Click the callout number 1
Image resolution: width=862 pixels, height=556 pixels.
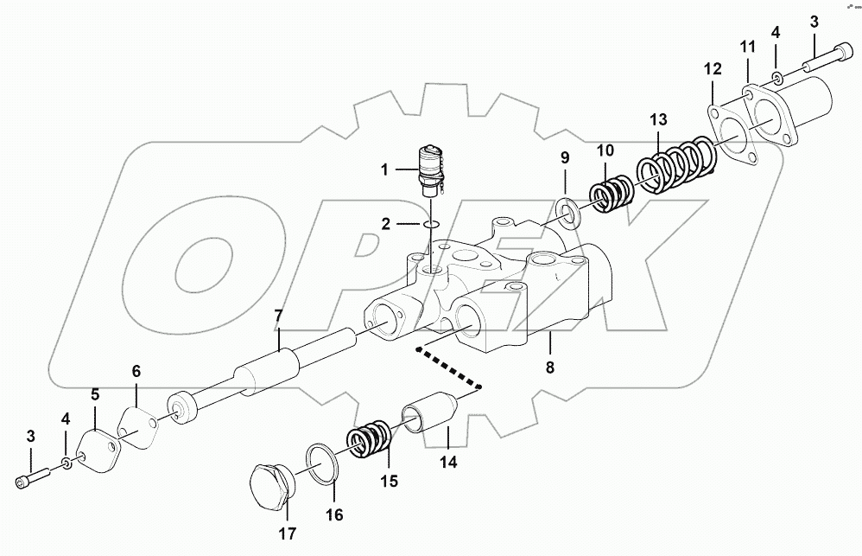(385, 170)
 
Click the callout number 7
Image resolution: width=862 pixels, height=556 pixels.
(277, 316)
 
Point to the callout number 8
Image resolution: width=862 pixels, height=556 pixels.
(549, 366)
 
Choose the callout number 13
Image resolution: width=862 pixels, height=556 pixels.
(659, 120)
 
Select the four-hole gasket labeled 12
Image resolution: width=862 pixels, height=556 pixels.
(732, 137)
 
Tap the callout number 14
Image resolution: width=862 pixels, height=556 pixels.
(448, 462)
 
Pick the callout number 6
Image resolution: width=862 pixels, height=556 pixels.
(136, 371)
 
